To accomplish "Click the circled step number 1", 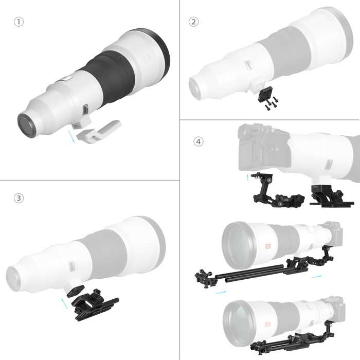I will pos(19,22).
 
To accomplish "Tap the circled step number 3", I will pos(19,198).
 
